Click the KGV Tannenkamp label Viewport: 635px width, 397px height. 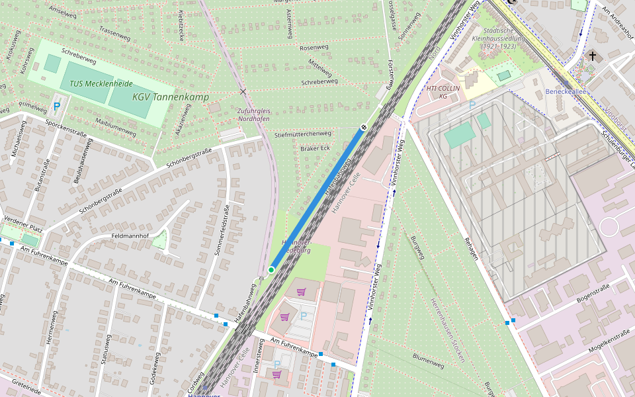coord(170,97)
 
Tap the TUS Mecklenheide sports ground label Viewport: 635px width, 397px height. coord(101,84)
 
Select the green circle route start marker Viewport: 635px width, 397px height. coord(271,270)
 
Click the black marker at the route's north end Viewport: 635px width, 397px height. coord(364,128)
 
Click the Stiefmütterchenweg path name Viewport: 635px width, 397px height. coord(302,134)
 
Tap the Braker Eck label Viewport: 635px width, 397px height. coord(315,148)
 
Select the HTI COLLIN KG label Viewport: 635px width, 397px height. coord(443,92)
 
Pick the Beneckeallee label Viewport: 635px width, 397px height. coord(566,91)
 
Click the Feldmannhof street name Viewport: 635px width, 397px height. coord(130,236)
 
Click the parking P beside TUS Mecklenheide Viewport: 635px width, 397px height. coord(57,106)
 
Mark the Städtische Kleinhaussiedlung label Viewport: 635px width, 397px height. coord(499,38)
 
